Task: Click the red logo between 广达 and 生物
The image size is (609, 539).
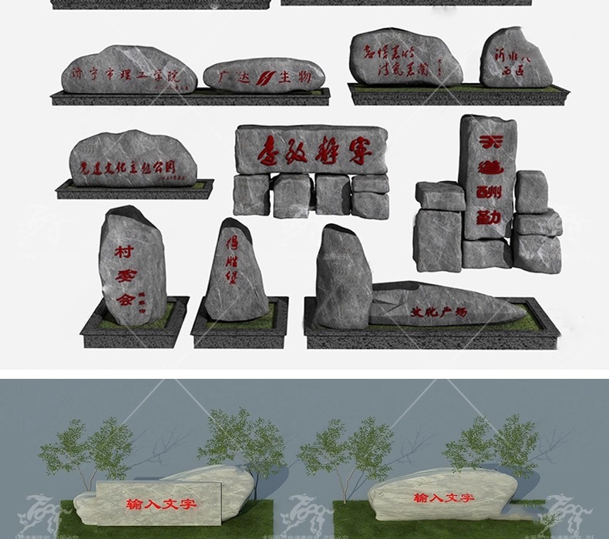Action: click(x=265, y=77)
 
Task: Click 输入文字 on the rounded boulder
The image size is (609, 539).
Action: click(x=442, y=498)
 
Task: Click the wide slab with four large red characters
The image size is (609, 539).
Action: click(x=311, y=149)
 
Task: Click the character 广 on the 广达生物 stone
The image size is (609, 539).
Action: click(x=225, y=77)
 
